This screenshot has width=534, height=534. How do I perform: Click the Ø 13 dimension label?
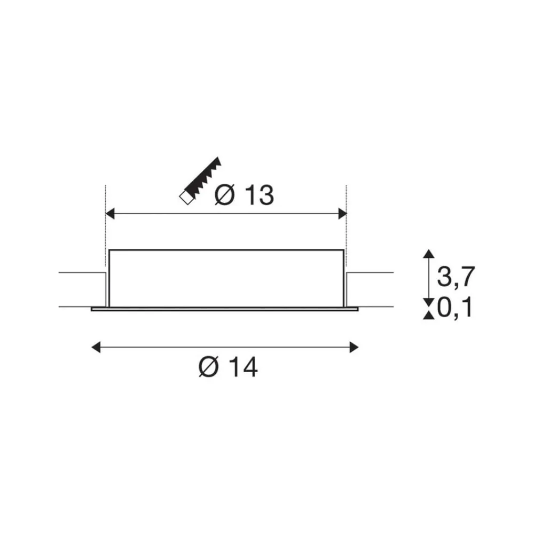[x=244, y=195]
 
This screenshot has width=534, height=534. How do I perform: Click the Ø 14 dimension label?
[x=228, y=367]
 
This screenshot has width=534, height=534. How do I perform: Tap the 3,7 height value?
[x=456, y=276]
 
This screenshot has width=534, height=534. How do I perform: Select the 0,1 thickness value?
[x=455, y=307]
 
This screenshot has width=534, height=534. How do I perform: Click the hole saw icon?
[x=200, y=181]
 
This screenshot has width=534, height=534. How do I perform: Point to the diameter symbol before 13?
[x=225, y=195]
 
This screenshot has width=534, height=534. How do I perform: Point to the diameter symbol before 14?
[x=208, y=367]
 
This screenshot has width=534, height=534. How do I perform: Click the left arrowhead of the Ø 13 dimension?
[x=109, y=214]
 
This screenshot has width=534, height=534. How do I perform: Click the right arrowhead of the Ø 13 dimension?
[x=342, y=214]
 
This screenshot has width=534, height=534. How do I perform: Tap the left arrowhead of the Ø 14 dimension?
[x=96, y=348]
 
